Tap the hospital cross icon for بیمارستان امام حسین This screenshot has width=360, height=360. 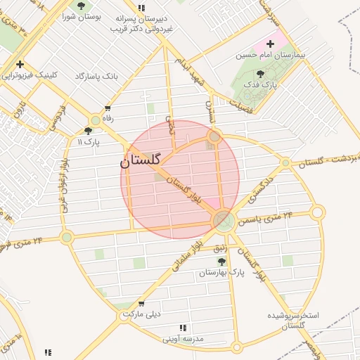point(271,44)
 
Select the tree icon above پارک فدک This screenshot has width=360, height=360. point(261,74)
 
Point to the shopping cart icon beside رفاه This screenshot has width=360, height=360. point(107,108)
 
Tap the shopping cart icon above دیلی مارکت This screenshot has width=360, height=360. point(142,304)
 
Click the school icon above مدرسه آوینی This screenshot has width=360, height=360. point(183,328)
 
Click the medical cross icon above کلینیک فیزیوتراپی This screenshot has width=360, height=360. point(20,64)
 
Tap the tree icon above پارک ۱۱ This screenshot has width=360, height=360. point(88,131)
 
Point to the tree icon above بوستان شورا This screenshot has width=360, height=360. point(81,6)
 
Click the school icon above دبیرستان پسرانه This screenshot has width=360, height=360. point(141,8)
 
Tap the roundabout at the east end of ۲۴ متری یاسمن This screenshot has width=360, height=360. point(318,212)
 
